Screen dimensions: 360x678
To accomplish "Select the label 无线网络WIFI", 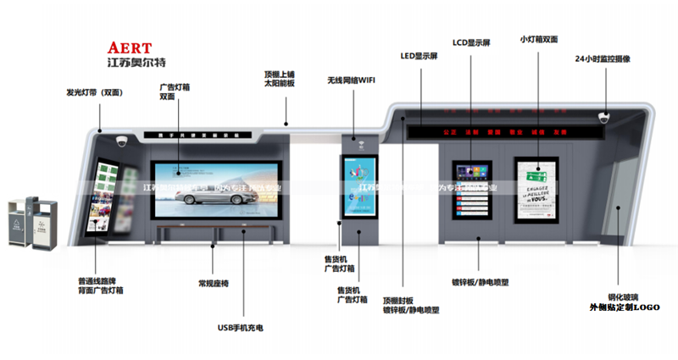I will [352, 81].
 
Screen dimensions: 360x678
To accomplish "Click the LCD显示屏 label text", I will [471, 41].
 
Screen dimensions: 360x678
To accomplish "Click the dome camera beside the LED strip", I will [604, 118].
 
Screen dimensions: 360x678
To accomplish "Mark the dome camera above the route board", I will [121, 142].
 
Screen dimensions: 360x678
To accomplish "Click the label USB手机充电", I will [240, 326].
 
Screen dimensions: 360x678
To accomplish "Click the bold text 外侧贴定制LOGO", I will [624, 307].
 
